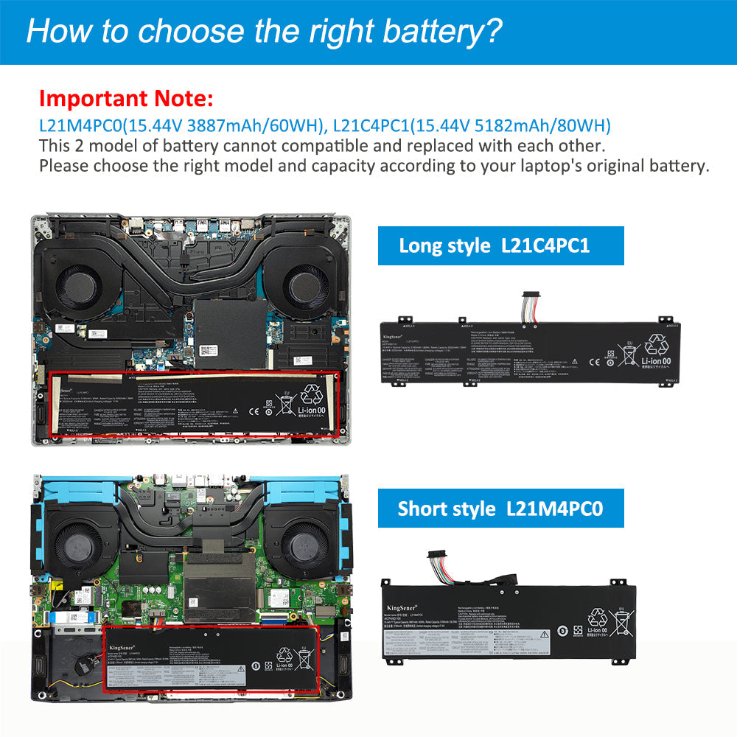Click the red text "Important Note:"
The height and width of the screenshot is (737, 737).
coord(126,98)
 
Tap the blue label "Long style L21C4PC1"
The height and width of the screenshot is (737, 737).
coord(500,245)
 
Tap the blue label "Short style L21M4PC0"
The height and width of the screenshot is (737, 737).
coord(500,508)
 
